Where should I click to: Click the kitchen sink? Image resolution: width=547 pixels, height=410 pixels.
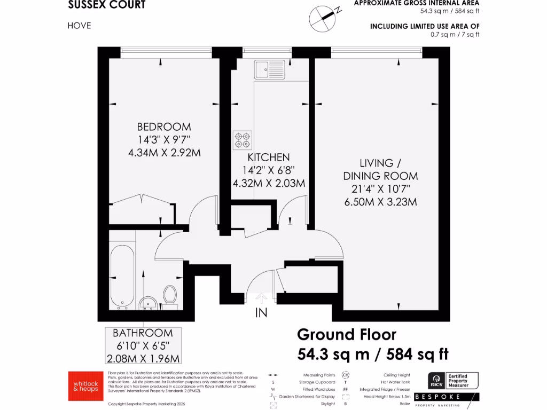click(x=270, y=69)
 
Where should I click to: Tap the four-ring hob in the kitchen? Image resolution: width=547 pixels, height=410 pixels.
click(x=242, y=140)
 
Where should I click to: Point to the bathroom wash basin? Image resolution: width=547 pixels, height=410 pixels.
click(x=148, y=304)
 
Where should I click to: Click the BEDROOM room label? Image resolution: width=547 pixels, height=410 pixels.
click(x=164, y=127)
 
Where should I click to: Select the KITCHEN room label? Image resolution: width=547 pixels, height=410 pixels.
click(x=268, y=157)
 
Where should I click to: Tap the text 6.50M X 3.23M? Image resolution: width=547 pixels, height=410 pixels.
click(x=380, y=202)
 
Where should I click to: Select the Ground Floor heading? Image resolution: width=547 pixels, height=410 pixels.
click(x=347, y=335)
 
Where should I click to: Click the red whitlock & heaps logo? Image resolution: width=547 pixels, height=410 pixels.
click(x=82, y=385)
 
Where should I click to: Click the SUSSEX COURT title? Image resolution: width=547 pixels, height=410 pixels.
click(x=107, y=6)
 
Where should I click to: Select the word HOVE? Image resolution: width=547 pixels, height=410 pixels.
click(x=79, y=25)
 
